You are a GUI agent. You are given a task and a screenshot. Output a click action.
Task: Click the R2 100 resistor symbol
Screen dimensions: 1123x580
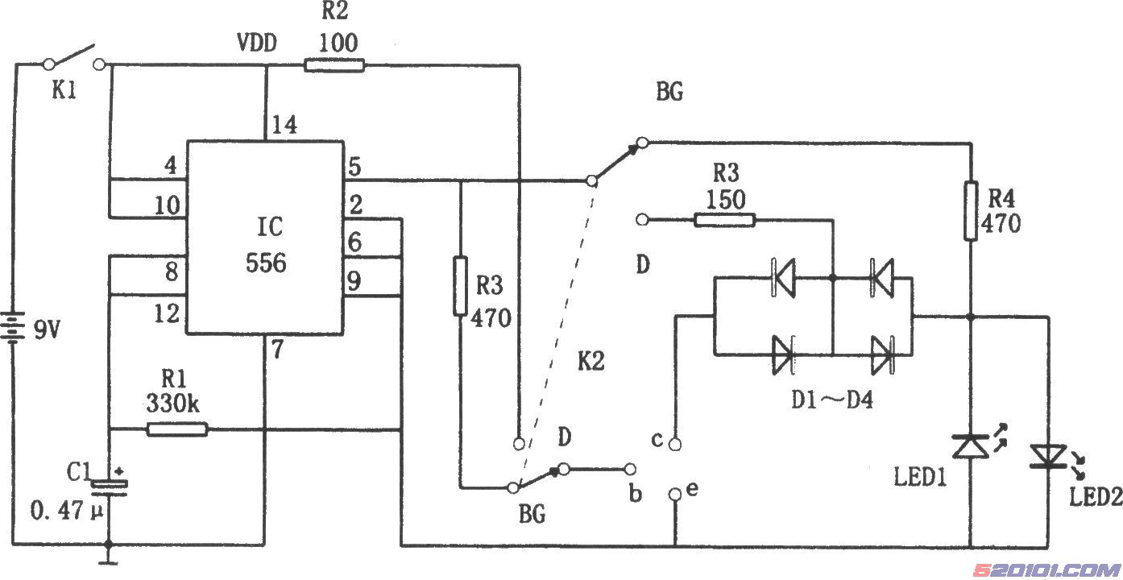(x=334, y=66)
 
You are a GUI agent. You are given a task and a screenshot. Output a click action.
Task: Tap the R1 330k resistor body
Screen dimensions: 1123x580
(x=177, y=429)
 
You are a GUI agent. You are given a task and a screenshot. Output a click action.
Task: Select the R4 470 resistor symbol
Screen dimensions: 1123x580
(x=971, y=211)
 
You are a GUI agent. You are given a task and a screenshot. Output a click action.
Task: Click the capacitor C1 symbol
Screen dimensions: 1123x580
(x=109, y=487)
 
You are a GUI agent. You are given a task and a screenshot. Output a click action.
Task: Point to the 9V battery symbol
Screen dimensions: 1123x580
(x=14, y=328)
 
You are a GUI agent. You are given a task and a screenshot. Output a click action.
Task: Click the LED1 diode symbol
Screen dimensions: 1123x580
(x=971, y=446)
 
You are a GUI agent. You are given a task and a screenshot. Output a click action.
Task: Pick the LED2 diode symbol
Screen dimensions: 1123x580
(x=1048, y=456)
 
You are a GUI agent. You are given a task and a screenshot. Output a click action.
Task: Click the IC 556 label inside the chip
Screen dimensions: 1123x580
(x=266, y=245)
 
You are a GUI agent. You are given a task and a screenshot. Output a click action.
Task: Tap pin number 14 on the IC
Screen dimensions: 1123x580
(x=284, y=124)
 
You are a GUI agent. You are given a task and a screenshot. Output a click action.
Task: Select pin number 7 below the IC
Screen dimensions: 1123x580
(x=277, y=349)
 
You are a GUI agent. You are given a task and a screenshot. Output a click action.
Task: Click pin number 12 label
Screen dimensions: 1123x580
(x=167, y=314)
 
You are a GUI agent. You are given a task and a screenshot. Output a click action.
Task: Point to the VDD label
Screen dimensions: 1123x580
(x=257, y=43)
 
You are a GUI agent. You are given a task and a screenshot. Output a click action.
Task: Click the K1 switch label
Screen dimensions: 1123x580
(x=64, y=91)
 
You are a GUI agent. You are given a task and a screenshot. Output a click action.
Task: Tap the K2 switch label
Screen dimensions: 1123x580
(x=591, y=361)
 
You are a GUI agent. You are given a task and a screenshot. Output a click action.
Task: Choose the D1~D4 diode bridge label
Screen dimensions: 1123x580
(x=832, y=400)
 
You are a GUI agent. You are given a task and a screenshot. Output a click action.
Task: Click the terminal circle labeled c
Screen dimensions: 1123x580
(x=675, y=444)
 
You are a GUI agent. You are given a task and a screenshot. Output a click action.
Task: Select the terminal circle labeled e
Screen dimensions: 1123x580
(x=675, y=495)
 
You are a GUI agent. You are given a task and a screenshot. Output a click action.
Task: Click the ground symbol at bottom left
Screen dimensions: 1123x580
(x=108, y=555)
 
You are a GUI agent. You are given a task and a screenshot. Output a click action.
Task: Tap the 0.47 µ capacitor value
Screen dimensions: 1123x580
(x=67, y=512)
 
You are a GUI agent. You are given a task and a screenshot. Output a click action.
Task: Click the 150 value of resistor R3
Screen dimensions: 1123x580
(x=725, y=200)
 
